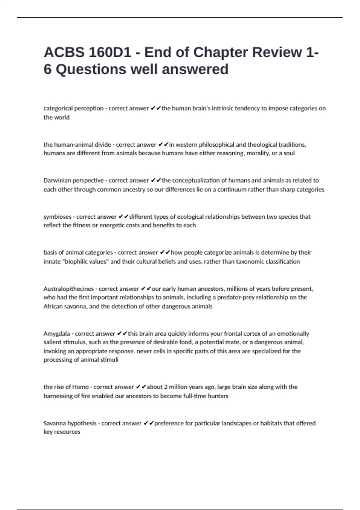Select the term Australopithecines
point(69,289)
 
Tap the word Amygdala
point(57,334)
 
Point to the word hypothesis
point(82,423)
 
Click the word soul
point(289,153)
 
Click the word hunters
point(218,396)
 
